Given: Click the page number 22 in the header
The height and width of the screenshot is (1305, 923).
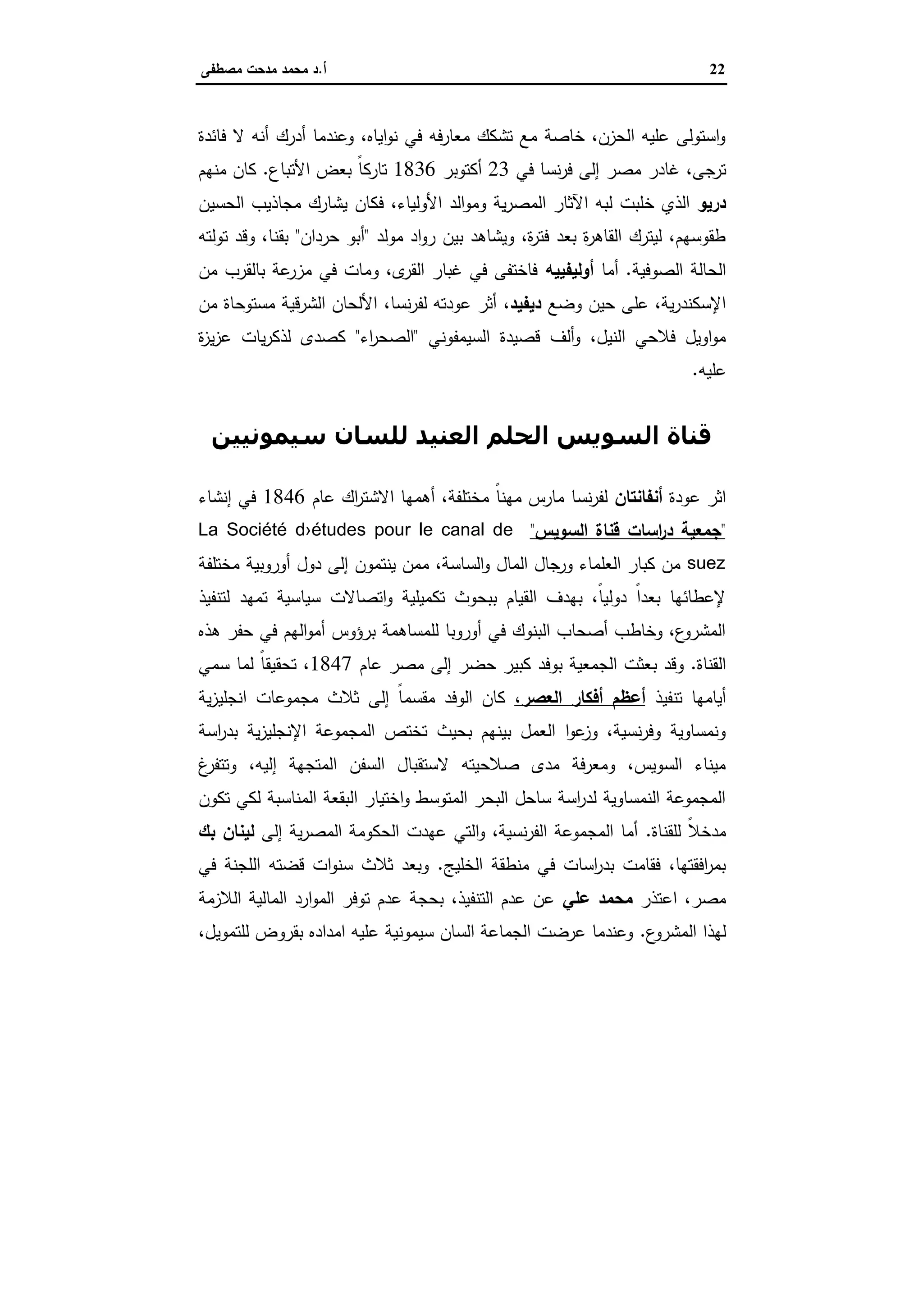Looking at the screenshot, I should pyautogui.click(x=717, y=70).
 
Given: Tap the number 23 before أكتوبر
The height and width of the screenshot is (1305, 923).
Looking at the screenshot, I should pyautogui.click(x=500, y=170).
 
